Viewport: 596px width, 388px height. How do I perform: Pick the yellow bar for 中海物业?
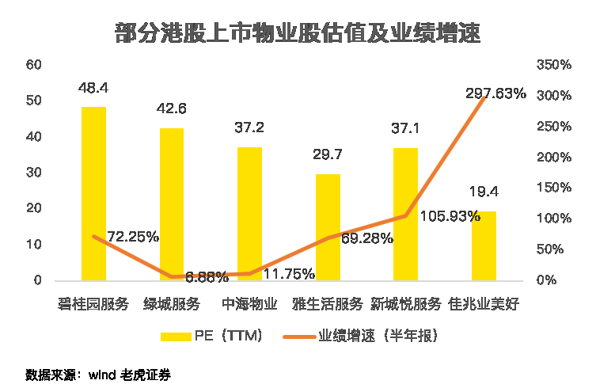pos(249,213)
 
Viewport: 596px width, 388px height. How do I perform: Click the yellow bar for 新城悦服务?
pos(405,214)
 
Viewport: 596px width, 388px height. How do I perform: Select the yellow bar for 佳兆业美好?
pos(484,245)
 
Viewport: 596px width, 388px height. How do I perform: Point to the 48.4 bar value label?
pos(93,88)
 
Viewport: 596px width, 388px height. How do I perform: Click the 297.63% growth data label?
pos(495,93)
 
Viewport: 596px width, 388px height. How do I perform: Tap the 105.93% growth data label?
pos(449,215)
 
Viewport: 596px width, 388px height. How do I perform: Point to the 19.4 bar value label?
pos(484,192)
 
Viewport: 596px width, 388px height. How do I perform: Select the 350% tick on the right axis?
pos(552,64)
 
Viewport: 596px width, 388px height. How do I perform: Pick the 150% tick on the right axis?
pos(552,188)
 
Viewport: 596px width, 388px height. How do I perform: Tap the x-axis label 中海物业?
pos(249,304)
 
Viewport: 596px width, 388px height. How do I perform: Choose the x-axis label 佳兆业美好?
pos(484,304)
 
